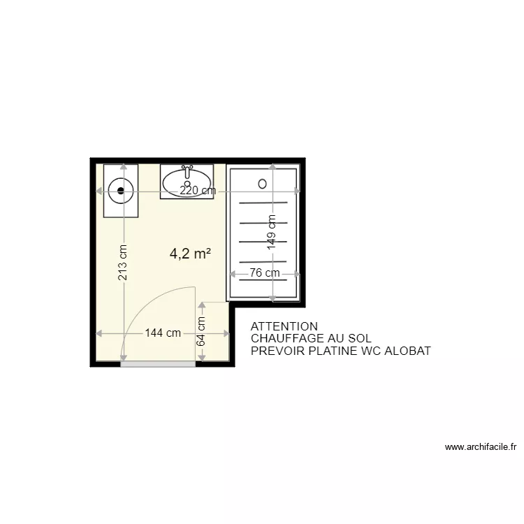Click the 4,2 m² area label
pyautogui.click(x=191, y=254)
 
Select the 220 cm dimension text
pyautogui.click(x=198, y=191)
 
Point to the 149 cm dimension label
pyautogui.click(x=272, y=231)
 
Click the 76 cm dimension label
pyautogui.click(x=265, y=273)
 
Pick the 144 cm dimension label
pyautogui.click(x=163, y=333)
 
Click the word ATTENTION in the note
pyautogui.click(x=284, y=326)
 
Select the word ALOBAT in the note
pyautogui.click(x=408, y=350)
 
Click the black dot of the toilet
pyautogui.click(x=122, y=189)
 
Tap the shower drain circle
pyautogui.click(x=262, y=184)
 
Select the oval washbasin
pyautogui.click(x=187, y=182)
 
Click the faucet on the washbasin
pyautogui.click(x=187, y=169)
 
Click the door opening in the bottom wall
pyautogui.click(x=158, y=364)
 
